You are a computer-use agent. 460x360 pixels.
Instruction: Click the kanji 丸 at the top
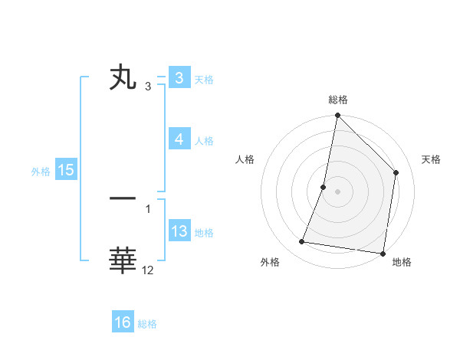pos(123,78)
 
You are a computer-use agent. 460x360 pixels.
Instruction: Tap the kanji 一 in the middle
pos(123,198)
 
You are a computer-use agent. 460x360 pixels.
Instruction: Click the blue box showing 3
pos(179,78)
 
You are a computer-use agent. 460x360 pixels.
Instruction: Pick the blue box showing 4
pos(179,139)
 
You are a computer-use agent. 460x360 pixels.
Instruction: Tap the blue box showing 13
pos(179,231)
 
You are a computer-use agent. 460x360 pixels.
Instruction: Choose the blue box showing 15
pos(66,170)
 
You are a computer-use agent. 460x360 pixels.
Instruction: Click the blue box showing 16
pos(123,322)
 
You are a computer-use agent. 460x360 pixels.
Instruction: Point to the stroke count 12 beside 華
pos(148,270)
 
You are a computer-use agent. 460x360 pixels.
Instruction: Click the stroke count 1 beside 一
pos(148,208)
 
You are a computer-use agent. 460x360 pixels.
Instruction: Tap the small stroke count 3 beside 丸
pos(148,87)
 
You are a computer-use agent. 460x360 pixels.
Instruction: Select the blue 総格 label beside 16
pos(147,324)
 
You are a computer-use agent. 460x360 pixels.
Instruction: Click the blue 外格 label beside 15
pos(41,172)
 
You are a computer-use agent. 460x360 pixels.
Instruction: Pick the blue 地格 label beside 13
pos(204,233)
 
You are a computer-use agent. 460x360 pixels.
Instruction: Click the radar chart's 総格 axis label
pos(338,100)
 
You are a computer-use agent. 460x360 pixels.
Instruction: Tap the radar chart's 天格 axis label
pos(432,159)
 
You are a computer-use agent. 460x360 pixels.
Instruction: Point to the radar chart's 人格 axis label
pos(245,159)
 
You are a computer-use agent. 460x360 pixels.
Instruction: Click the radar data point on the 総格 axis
pos(337,116)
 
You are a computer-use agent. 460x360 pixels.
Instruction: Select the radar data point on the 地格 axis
pos(383,253)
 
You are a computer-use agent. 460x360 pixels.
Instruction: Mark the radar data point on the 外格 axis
pos(302,242)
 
